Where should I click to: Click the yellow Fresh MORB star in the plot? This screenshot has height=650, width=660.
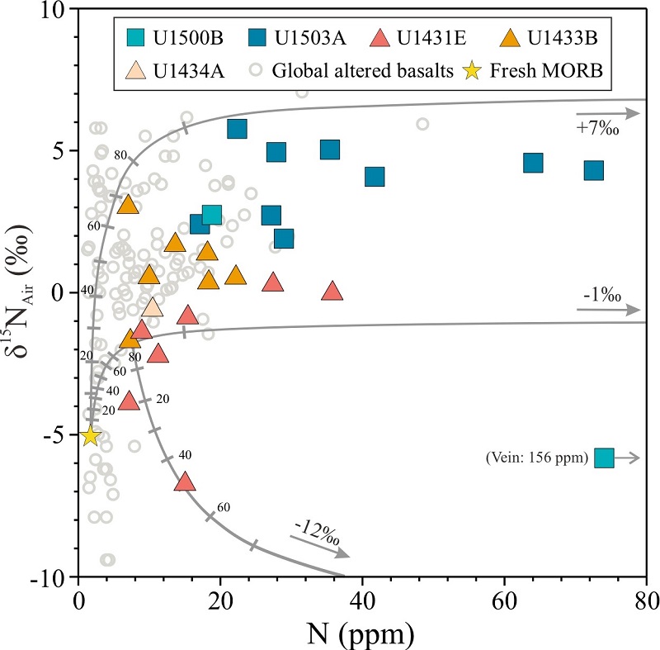[x=91, y=435]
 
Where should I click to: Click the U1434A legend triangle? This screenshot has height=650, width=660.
[x=135, y=70]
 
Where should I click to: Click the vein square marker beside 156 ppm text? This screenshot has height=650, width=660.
[x=605, y=458]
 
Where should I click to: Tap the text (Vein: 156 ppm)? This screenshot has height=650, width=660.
[x=538, y=459]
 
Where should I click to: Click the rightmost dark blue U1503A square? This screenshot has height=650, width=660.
[x=593, y=170]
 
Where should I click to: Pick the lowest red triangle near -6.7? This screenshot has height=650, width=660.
[x=185, y=482]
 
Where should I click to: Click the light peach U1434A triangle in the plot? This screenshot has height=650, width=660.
[x=152, y=307]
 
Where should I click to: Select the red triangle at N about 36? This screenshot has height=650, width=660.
[x=332, y=291]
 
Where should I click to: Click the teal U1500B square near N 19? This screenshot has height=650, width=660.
[x=212, y=215]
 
